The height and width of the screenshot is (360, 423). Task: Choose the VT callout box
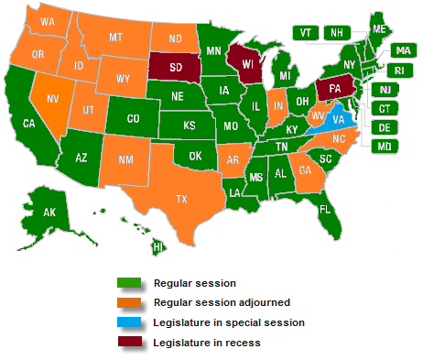[305, 32]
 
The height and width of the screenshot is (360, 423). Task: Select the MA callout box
[401, 50]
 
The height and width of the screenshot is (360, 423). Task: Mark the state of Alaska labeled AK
[51, 213]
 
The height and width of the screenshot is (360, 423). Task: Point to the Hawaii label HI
[157, 246]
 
